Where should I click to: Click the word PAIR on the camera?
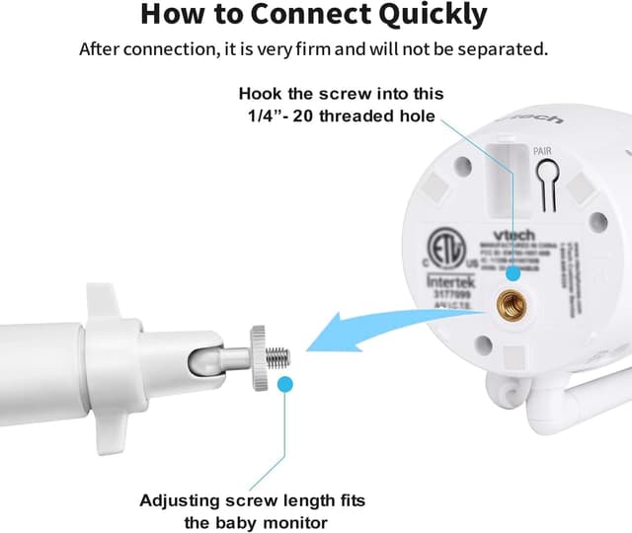coord(542,151)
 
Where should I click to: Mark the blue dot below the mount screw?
coord(284,384)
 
